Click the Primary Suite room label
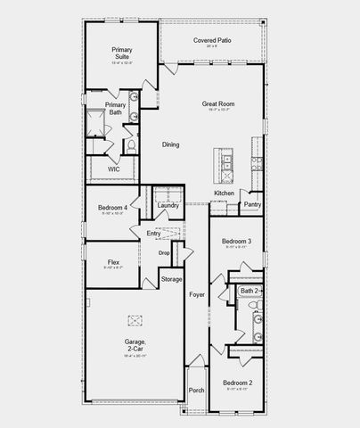120,53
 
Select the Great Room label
217,104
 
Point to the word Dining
171,144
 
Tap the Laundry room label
168,206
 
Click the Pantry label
252,204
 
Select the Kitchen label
224,193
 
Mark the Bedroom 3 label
237,242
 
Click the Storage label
171,280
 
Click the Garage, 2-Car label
136,343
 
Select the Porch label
197,390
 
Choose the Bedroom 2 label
238,383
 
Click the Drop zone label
164,253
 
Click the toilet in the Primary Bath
130,143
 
